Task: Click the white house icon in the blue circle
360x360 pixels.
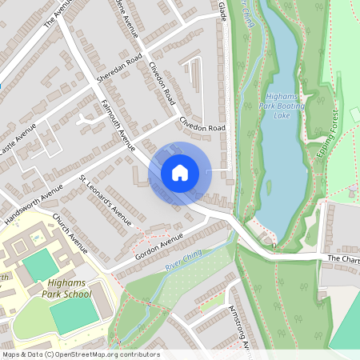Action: point(180,173)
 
